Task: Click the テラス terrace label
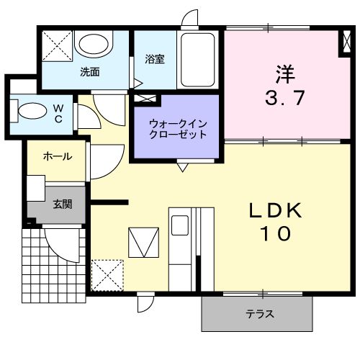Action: pyautogui.click(x=258, y=315)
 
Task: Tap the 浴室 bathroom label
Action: pyautogui.click(x=154, y=59)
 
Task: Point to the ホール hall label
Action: pyautogui.click(x=57, y=156)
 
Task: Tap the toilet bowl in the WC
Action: pyautogui.click(x=31, y=112)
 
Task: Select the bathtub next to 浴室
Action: pyautogui.click(x=199, y=60)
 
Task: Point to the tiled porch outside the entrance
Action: pyautogui.click(x=43, y=266)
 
